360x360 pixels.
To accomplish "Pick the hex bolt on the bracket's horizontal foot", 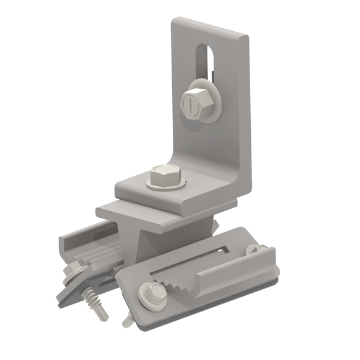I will (164, 176).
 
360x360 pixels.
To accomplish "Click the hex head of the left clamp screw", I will (74, 268).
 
